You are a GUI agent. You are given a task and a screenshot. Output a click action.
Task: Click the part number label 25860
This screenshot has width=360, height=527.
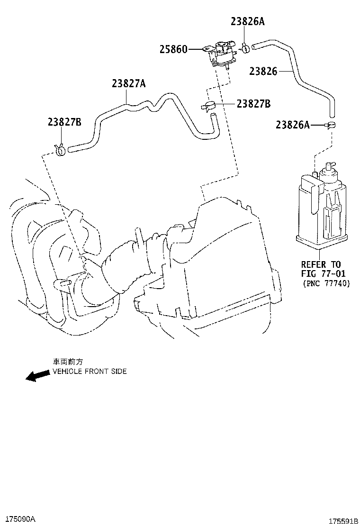[173, 49]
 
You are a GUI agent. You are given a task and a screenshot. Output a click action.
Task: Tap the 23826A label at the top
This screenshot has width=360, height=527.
[248, 21]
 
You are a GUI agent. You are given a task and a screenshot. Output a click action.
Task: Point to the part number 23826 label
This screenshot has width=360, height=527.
[263, 71]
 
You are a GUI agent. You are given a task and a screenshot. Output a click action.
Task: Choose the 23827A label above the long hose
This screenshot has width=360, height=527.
[129, 83]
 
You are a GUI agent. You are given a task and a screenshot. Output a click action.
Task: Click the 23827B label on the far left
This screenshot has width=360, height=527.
[64, 122]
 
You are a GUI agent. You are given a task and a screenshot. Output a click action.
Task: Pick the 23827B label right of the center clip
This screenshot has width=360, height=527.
[253, 104]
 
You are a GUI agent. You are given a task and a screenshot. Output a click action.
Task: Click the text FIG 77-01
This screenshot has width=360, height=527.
[324, 273]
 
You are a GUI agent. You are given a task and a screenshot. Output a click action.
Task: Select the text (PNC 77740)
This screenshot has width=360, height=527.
[326, 283]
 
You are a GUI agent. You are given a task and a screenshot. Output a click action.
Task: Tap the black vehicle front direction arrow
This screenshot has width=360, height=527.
[37, 375]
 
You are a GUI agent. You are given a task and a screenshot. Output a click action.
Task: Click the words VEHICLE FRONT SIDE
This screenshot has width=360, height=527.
[90, 371]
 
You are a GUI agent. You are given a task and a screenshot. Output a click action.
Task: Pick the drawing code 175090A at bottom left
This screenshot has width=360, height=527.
[20, 518]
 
